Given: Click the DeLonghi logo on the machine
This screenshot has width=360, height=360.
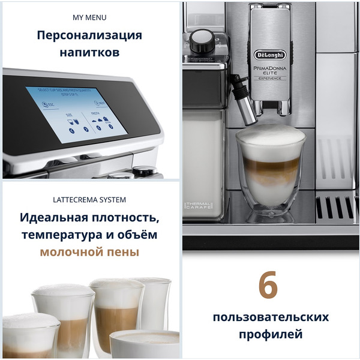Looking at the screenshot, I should tap(271, 55).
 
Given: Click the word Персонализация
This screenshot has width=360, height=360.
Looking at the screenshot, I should tap(89, 35).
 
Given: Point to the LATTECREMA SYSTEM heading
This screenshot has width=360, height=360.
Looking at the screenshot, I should tap(89, 199).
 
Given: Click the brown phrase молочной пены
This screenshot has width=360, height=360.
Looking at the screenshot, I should tap(89, 251).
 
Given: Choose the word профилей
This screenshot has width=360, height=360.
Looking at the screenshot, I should tap(269, 334).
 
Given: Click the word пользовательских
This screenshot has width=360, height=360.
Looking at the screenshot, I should tap(269, 316).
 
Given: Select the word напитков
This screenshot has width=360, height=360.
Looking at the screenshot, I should tap(89, 53).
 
